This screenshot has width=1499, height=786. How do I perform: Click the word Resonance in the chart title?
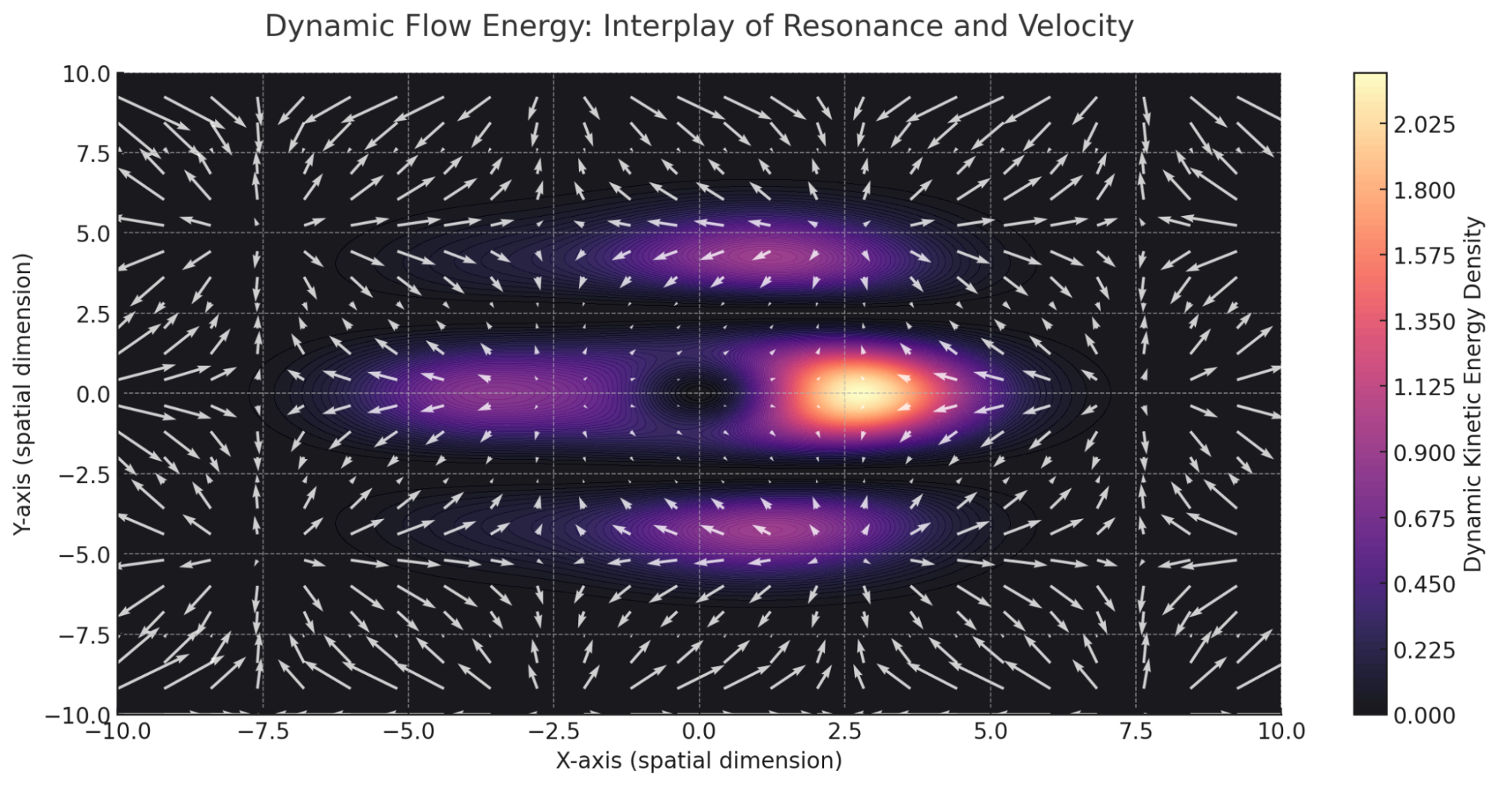coord(862,25)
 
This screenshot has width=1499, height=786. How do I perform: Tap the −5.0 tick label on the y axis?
coord(84,555)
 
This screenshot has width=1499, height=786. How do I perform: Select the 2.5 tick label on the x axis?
coord(844,730)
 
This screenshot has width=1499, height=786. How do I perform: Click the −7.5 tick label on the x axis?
coord(263,730)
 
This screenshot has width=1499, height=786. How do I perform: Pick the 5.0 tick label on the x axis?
coord(990,730)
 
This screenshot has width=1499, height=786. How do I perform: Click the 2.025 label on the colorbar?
coord(1424,124)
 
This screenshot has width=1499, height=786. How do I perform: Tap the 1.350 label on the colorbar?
coord(1424,322)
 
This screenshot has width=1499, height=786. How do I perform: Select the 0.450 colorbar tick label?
coord(1424,584)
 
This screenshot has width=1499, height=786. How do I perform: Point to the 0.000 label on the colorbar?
coord(1424,715)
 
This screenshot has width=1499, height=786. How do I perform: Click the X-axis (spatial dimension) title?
coord(699,760)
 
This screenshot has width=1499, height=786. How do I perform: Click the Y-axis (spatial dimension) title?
coord(22,394)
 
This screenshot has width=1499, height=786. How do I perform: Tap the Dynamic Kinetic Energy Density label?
coord(1474,394)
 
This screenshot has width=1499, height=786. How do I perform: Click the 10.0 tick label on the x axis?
coord(1281,730)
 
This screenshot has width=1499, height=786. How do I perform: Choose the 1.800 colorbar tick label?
coord(1424,190)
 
